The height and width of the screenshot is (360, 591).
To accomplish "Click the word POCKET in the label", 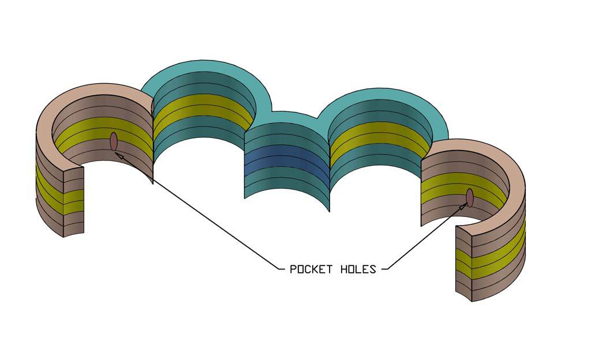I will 311,269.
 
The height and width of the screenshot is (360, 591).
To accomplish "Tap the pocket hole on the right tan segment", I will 470,197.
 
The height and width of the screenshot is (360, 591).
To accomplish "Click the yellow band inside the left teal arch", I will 202,110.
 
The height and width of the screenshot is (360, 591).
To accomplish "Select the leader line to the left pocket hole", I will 196,211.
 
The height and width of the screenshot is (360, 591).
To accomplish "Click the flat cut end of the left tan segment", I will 73,199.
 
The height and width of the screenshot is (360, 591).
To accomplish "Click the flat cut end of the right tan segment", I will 464,262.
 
